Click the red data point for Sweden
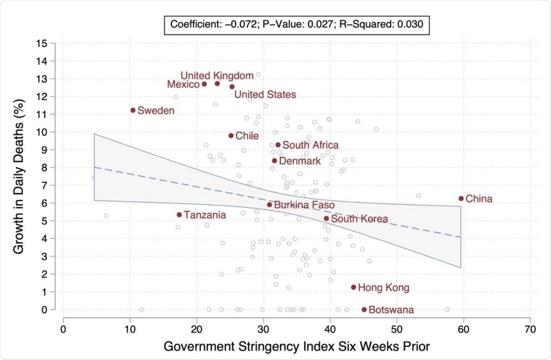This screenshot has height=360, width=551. click(x=133, y=110)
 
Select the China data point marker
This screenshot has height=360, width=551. click(x=461, y=199)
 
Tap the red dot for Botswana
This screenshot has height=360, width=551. click(x=364, y=310)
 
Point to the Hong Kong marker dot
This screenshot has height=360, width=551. click(x=354, y=287)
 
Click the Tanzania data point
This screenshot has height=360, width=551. click(x=179, y=215)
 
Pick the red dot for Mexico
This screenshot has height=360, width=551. click(x=204, y=84)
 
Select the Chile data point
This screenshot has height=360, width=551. click(x=231, y=136)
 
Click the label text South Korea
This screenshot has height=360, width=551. click(x=359, y=219)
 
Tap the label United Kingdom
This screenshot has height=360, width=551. click(x=217, y=75)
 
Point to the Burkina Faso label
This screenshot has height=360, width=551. click(x=304, y=205)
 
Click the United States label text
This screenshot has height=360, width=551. click(x=265, y=95)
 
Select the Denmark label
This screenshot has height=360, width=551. click(x=300, y=161)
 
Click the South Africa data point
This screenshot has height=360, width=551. click(x=278, y=145)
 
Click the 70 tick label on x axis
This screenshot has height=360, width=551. click(x=530, y=329)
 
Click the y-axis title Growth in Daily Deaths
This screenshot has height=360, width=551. click(x=18, y=176)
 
